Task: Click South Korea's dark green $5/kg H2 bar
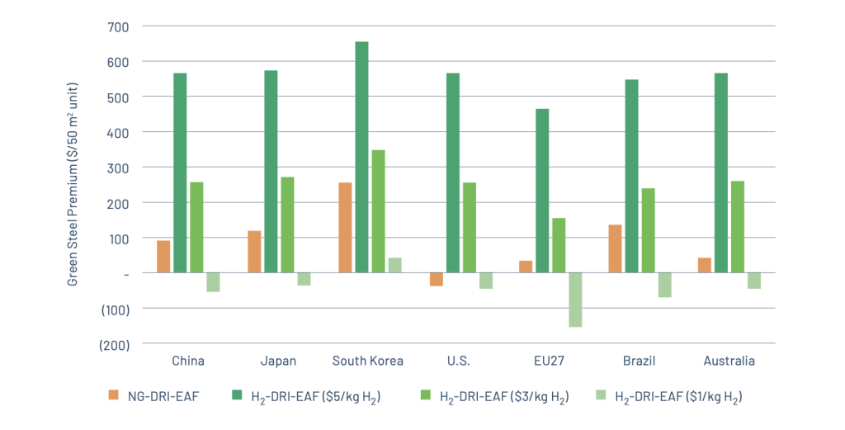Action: click(x=361, y=157)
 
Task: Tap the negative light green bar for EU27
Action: click(x=575, y=300)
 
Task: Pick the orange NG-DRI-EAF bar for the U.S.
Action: click(x=436, y=279)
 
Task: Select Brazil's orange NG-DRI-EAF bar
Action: click(x=615, y=248)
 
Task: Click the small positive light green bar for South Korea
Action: click(x=394, y=265)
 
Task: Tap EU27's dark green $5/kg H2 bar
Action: click(x=542, y=190)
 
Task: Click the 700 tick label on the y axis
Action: click(x=118, y=26)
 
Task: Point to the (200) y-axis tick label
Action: click(x=114, y=344)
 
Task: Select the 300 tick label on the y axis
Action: click(x=118, y=168)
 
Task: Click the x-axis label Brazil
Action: click(x=640, y=361)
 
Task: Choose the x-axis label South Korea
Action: click(x=368, y=361)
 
